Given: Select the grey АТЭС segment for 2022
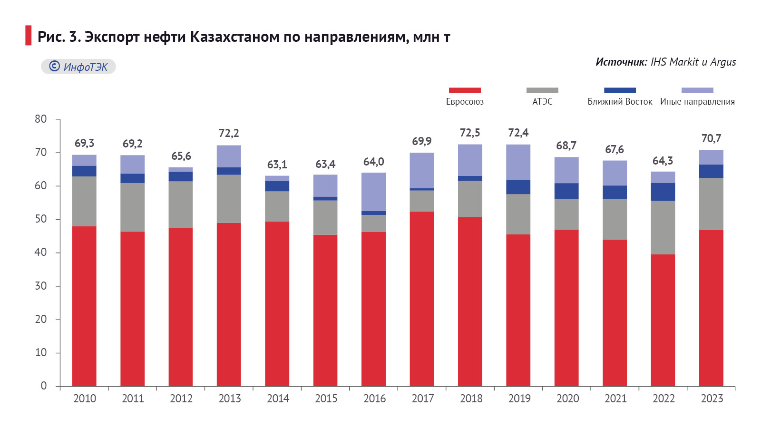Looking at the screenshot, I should coord(663,227).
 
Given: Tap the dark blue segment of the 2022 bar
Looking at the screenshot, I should coord(663,192).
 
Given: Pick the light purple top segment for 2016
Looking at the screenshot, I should coord(374,192).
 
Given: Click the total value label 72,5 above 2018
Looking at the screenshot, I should coord(470,133).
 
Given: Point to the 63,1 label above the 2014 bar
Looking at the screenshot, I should coord(277,165).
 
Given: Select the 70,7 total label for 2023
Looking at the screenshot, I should coord(711,138).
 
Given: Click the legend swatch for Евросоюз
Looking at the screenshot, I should coord(465,90).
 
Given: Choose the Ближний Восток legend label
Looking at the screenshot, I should coord(620,102).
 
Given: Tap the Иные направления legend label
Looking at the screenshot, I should coord(697,102).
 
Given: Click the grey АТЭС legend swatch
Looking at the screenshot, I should coord(542,90).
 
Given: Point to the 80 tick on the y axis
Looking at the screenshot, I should coord(41,119).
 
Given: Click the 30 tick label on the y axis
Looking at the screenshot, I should coord(41,286).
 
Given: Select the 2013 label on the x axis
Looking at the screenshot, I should coord(230,399).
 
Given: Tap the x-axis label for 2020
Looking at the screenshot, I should coord(567,399).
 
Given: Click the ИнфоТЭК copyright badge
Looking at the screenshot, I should coord(78,67).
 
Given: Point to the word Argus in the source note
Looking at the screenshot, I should coord(723,62).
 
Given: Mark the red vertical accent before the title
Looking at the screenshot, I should coord(28,36).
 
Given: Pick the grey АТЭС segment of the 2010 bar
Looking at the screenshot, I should coord(84,201).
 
